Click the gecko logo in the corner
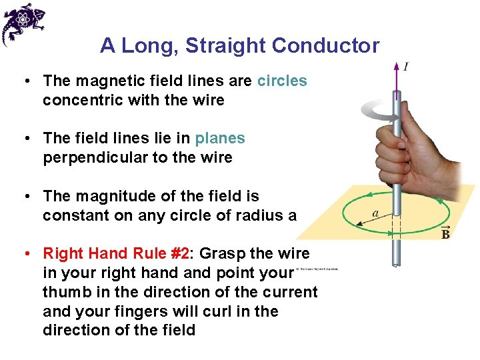click(23, 23)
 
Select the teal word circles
click(282, 81)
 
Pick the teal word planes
click(220, 139)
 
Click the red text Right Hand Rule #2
click(116, 253)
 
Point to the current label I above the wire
click(406, 66)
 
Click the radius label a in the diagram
click(375, 213)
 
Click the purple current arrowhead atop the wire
click(397, 69)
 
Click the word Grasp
click(221, 253)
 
